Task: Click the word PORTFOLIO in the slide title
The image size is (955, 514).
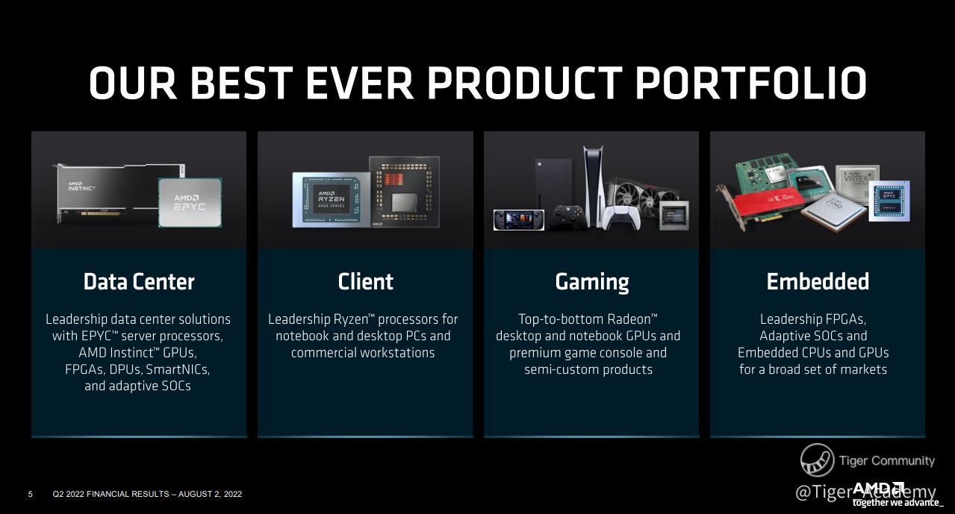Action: point(751,83)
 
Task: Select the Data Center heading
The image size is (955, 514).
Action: point(139,281)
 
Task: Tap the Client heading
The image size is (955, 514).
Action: point(365,281)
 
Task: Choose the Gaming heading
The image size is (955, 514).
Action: point(592,283)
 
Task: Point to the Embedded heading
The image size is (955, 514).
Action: point(818,281)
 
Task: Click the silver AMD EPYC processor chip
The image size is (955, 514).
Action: point(190,202)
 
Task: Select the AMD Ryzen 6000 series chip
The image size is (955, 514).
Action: point(330,200)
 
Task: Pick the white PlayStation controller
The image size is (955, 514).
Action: point(620,218)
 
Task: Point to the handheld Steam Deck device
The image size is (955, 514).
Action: point(518,220)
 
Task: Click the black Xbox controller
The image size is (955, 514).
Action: point(567,217)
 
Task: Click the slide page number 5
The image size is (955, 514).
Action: point(31,494)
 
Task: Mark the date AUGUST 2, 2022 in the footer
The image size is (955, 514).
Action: point(210,494)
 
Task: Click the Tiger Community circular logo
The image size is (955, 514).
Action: point(818,460)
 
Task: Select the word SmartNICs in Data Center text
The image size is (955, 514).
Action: point(178,369)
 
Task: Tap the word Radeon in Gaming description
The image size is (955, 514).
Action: point(629,319)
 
